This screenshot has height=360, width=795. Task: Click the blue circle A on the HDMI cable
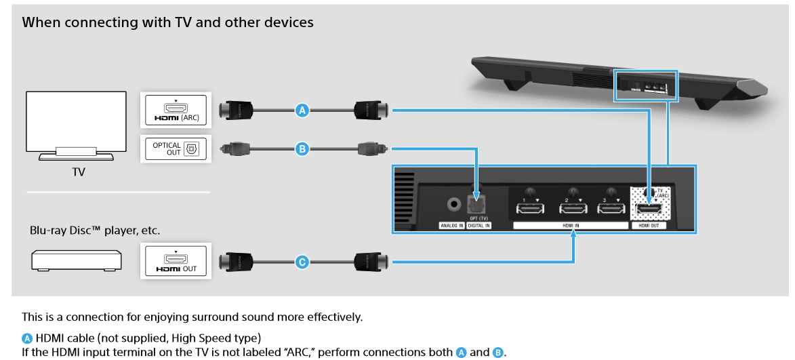tap(303, 110)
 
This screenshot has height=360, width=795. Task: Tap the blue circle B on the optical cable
tap(303, 148)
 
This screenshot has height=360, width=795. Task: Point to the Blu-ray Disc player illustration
tap(76, 260)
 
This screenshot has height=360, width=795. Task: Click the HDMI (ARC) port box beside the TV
tap(175, 110)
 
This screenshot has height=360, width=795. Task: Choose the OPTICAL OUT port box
tap(175, 148)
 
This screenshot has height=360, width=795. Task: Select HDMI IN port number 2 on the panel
tap(573, 209)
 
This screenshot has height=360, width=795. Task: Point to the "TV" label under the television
tap(79, 172)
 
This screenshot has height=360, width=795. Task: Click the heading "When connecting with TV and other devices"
tap(168, 22)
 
